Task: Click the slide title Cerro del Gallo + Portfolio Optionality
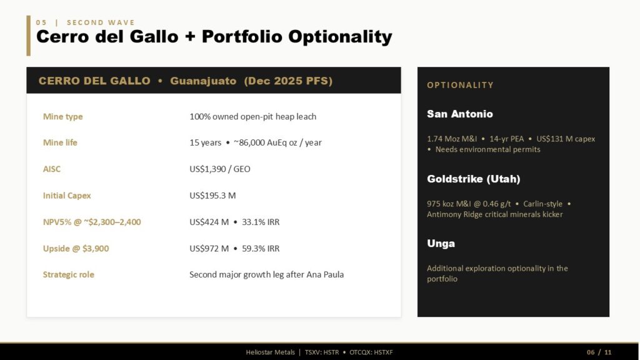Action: (214, 37)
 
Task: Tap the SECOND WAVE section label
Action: (101, 22)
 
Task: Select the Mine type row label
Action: (63, 116)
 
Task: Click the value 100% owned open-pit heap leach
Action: (252, 116)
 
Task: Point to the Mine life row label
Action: (60, 142)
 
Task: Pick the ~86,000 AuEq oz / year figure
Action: (277, 142)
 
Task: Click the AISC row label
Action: (52, 169)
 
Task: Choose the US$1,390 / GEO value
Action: (220, 169)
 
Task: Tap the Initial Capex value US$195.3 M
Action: (212, 196)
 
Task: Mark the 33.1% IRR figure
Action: (261, 222)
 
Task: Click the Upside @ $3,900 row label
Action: (76, 249)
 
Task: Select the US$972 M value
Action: (209, 249)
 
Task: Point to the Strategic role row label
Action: (69, 275)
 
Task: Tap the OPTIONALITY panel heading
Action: (461, 85)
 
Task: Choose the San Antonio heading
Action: (460, 114)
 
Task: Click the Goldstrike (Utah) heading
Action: (474, 179)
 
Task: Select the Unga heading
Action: (441, 243)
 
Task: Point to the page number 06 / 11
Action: (599, 352)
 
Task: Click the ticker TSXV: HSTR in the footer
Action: (322, 352)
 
